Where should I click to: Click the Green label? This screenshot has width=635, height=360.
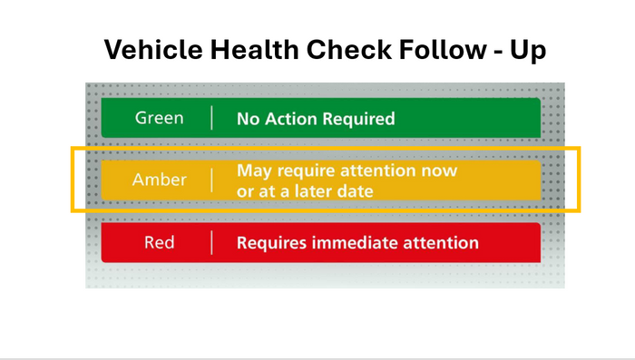(159, 118)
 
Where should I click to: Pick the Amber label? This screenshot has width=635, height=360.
(159, 180)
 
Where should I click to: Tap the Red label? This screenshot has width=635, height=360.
(159, 243)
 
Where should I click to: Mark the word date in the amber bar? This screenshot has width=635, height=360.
(355, 191)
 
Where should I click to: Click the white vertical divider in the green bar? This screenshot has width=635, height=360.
(212, 118)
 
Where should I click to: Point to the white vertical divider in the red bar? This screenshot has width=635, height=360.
(212, 243)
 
